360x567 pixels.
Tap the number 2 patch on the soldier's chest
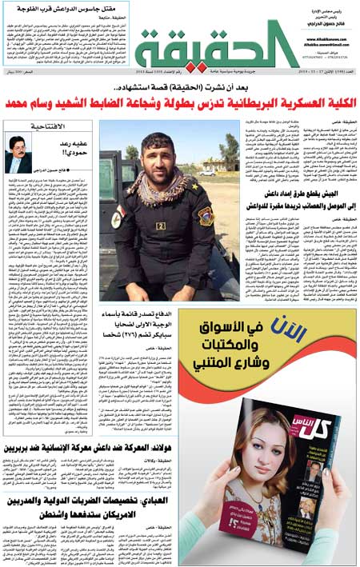(x=160, y=226)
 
